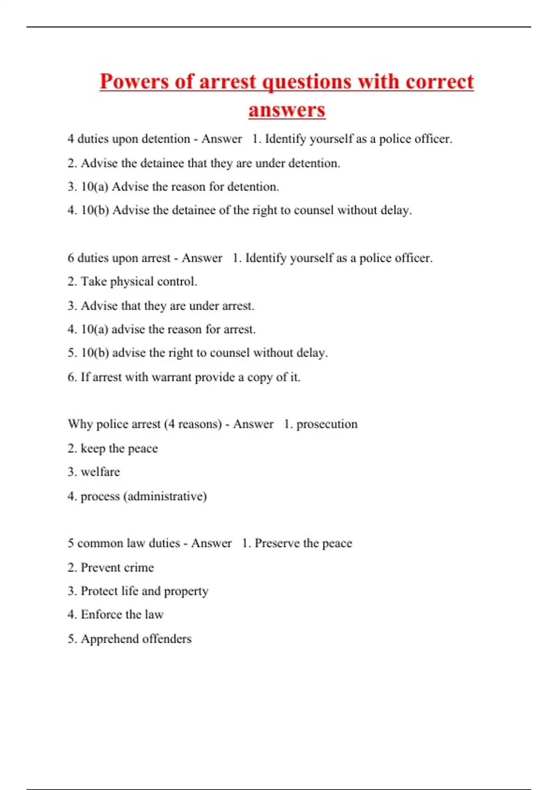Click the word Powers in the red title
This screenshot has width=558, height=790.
click(x=134, y=82)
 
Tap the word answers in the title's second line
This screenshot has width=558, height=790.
click(x=287, y=110)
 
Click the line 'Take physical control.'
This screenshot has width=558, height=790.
click(x=139, y=282)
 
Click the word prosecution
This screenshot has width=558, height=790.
click(x=327, y=424)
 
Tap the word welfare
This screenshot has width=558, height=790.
click(x=100, y=472)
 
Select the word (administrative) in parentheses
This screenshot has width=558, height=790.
click(x=165, y=496)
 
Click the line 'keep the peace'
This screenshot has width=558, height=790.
click(x=119, y=448)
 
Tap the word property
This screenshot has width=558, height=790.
click(x=186, y=591)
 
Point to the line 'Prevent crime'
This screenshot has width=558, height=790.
click(x=117, y=567)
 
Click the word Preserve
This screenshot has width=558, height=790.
click(x=277, y=543)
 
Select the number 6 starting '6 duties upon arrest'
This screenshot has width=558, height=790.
click(x=71, y=258)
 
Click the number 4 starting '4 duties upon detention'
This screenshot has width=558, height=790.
click(x=71, y=139)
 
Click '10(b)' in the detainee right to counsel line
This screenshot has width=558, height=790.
click(x=95, y=210)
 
